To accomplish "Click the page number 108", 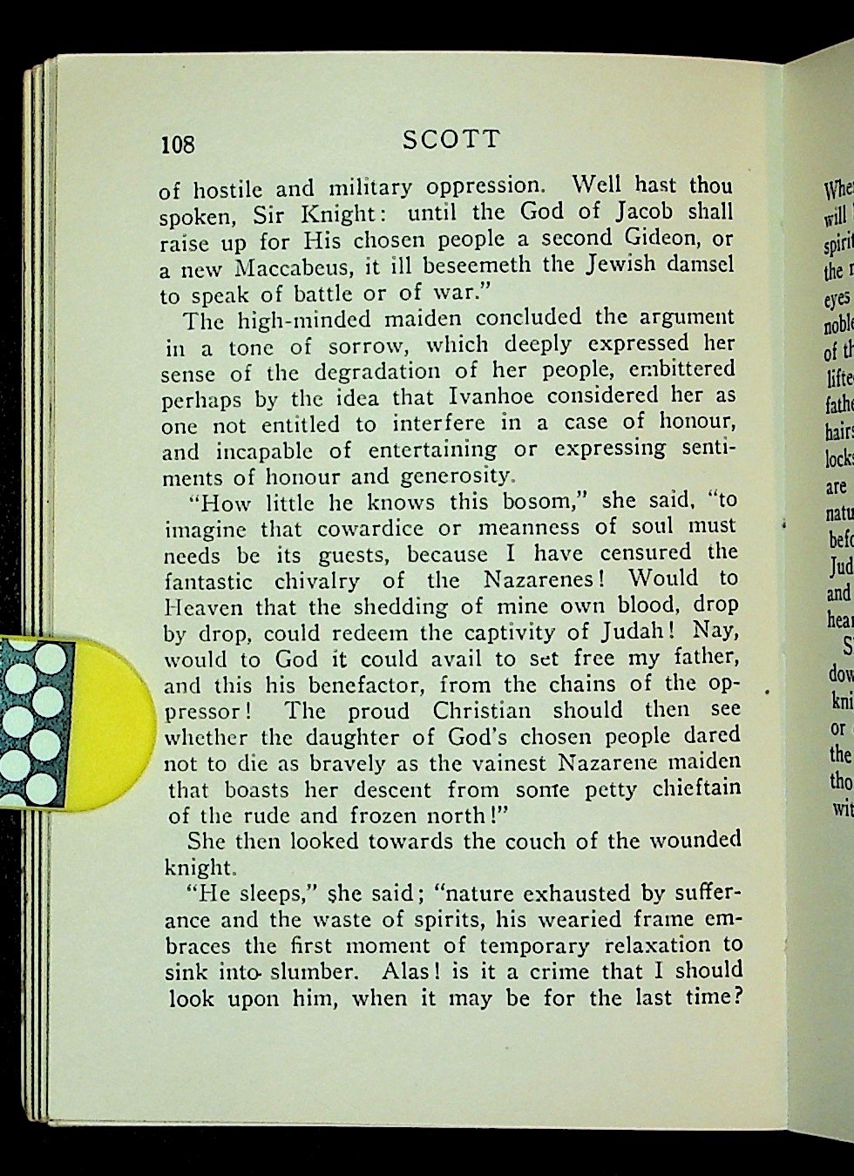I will [177, 144].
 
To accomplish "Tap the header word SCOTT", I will [451, 140].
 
